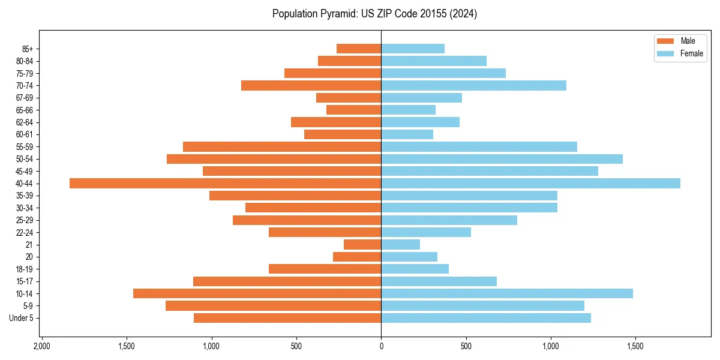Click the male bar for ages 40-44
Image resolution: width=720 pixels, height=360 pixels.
click(x=225, y=184)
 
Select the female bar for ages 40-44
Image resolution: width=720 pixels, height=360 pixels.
click(x=530, y=184)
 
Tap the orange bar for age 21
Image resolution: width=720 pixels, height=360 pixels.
click(x=362, y=245)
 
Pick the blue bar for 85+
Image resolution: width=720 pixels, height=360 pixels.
click(x=413, y=49)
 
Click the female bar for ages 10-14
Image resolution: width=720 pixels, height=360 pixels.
click(x=507, y=293)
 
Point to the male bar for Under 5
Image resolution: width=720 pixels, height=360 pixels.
click(x=287, y=318)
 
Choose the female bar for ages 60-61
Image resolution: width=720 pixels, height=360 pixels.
click(x=407, y=134)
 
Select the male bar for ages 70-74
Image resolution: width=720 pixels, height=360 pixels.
click(x=311, y=86)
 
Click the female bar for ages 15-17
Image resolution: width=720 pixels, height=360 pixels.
click(x=439, y=281)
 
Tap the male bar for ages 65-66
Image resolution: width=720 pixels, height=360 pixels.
click(x=353, y=110)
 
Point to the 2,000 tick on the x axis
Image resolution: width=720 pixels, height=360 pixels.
click(x=41, y=346)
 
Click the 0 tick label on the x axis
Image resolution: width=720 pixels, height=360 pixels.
click(x=381, y=346)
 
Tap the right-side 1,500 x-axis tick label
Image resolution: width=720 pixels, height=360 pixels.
click(x=635, y=346)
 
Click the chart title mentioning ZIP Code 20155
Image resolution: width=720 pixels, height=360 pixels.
click(x=374, y=14)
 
